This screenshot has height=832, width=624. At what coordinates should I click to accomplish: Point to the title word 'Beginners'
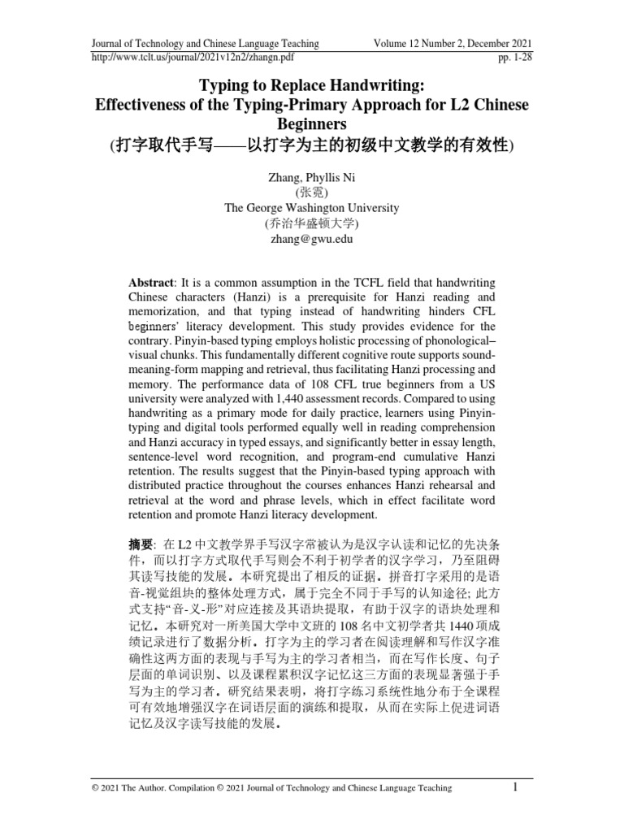[311, 124]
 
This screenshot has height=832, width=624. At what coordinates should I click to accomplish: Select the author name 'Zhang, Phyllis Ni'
[312, 177]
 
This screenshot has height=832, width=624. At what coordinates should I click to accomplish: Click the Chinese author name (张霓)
[312, 193]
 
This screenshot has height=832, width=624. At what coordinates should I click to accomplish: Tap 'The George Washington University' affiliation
[312, 208]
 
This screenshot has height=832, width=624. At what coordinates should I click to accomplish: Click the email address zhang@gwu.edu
[312, 239]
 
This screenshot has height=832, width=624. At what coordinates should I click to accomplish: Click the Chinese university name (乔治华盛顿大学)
[312, 223]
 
